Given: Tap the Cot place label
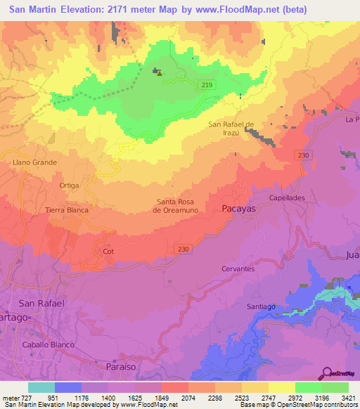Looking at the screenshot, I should click(108, 251).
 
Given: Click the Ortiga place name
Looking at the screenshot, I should click(69, 186).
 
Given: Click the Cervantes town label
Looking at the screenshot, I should click(237, 268).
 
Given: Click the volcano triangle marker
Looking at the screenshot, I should click(160, 72).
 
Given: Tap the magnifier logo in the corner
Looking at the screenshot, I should click(326, 373).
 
